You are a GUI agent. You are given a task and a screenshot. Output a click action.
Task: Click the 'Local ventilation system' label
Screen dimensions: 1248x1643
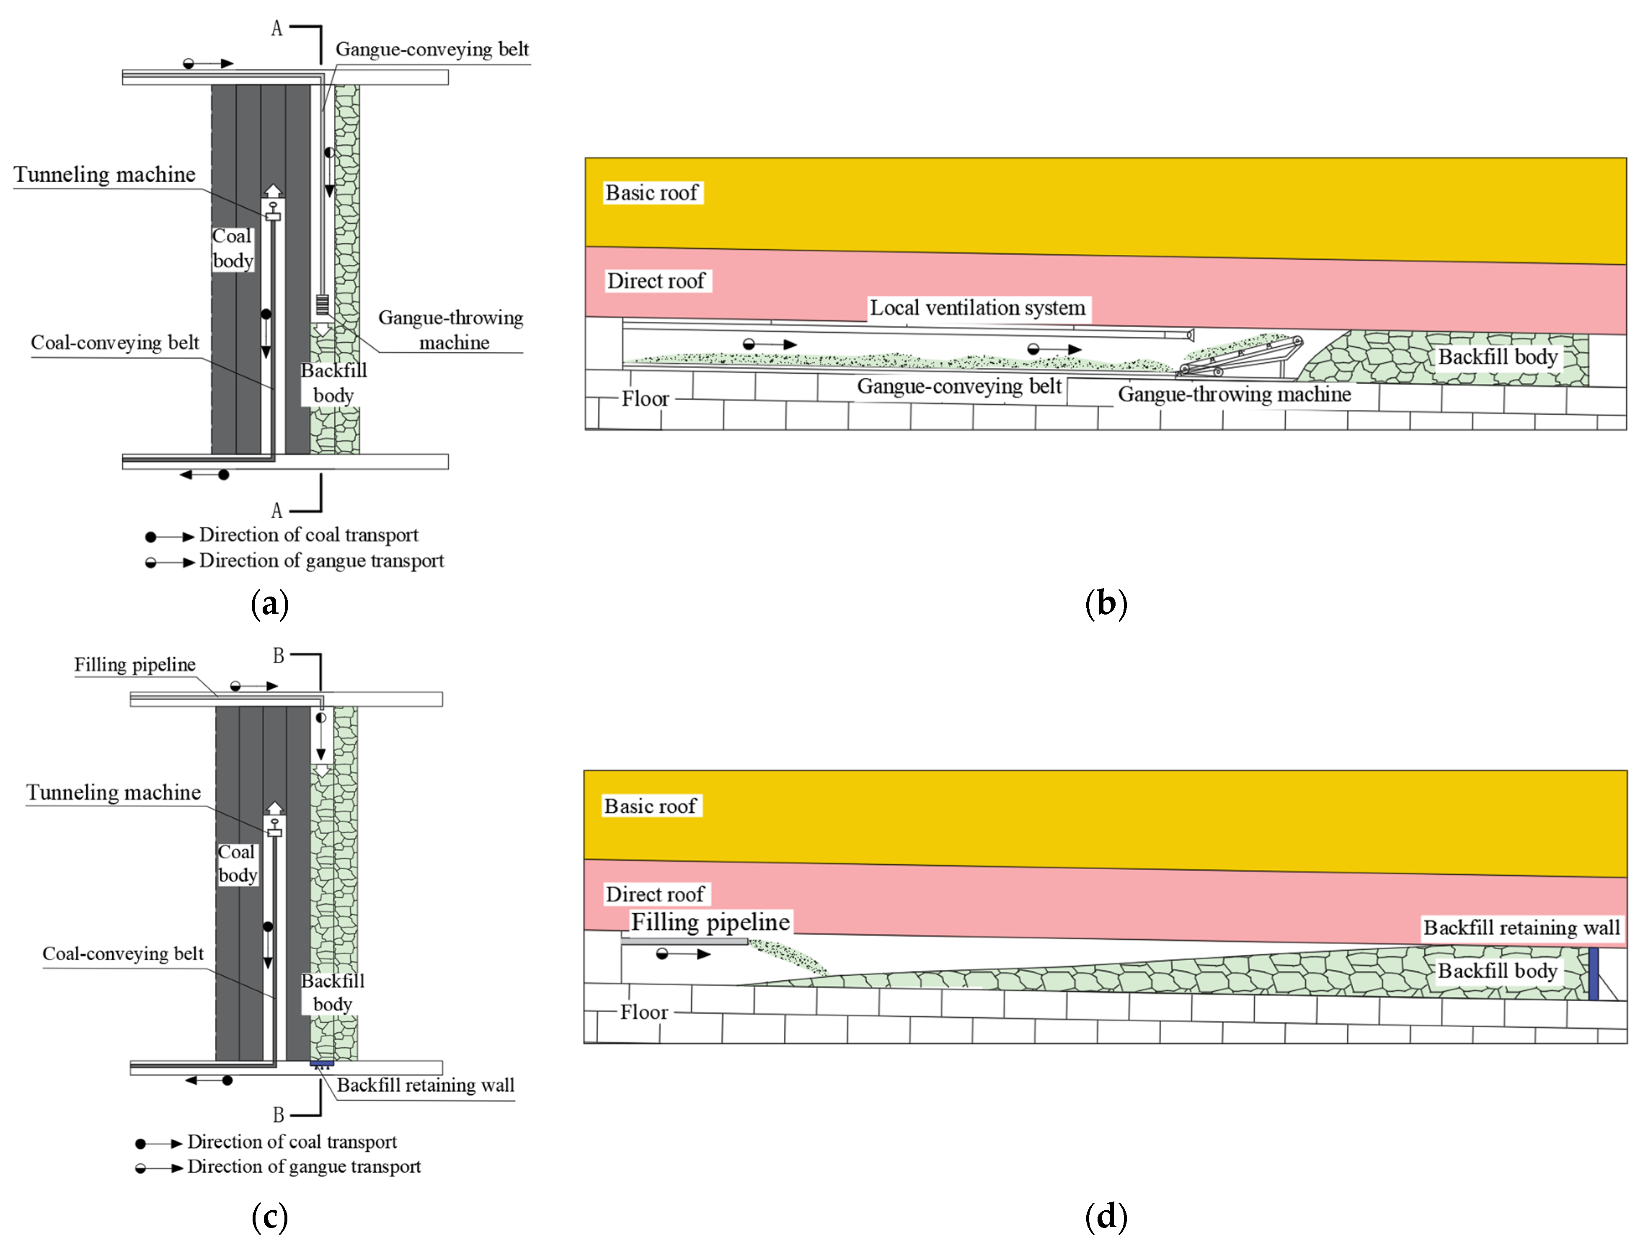pyautogui.click(x=977, y=307)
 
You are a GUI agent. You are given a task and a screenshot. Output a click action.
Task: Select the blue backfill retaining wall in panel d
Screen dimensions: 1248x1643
pyautogui.click(x=1593, y=973)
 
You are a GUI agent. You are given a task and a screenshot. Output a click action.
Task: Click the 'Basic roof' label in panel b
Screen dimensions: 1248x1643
pyautogui.click(x=651, y=193)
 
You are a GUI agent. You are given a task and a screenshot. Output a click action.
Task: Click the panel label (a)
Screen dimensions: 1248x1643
pyautogui.click(x=270, y=603)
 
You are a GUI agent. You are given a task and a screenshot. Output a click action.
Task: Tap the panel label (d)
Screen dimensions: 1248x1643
pyautogui.click(x=1106, y=1217)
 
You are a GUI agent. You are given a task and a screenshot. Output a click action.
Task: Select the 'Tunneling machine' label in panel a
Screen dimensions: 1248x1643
pyautogui.click(x=105, y=175)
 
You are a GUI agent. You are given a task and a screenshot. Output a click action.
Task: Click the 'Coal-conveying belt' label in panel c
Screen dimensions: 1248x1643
pyautogui.click(x=123, y=954)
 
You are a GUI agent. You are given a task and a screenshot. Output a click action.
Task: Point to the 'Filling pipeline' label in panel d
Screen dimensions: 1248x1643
pyautogui.click(x=710, y=922)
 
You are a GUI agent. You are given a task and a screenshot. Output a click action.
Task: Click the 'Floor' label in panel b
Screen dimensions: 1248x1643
pyautogui.click(x=645, y=399)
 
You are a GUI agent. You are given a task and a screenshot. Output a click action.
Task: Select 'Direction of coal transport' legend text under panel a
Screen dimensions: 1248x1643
pyautogui.click(x=308, y=535)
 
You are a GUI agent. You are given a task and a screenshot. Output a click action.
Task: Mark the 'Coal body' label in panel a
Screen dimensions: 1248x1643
pyautogui.click(x=232, y=248)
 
